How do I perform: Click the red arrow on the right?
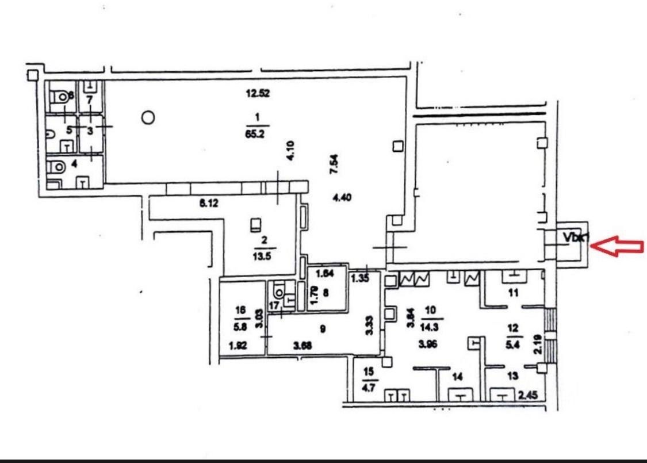click(618, 247)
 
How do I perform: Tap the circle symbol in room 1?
click(148, 118)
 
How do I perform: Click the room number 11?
click(514, 293)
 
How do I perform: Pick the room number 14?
click(458, 377)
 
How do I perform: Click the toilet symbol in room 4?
click(59, 166)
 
